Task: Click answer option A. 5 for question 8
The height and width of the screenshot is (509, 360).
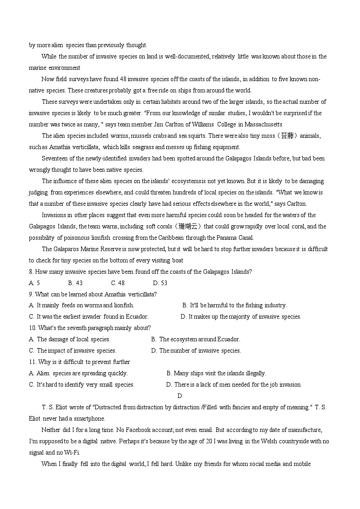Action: [34, 283]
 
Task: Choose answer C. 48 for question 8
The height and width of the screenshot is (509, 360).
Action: [117, 283]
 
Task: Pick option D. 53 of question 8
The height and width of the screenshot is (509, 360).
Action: [160, 283]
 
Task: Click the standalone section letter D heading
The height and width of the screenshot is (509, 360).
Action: [180, 396]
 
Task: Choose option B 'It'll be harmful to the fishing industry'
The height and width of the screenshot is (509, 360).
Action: [234, 305]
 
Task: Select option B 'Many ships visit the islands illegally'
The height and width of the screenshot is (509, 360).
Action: [216, 373]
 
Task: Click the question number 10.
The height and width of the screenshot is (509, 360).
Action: [32, 328]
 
